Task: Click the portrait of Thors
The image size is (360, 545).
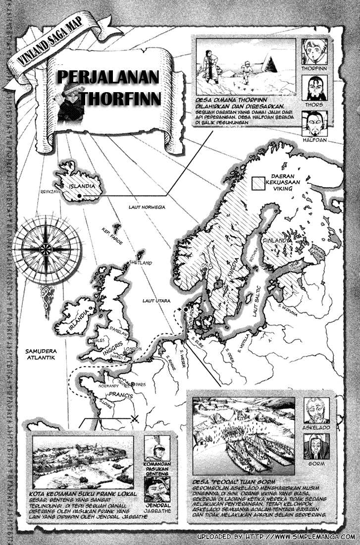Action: [x=313, y=88]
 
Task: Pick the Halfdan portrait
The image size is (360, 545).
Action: [x=313, y=122]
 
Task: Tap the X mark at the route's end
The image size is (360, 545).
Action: [x=134, y=419]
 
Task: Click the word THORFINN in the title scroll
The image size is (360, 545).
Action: [x=120, y=98]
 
